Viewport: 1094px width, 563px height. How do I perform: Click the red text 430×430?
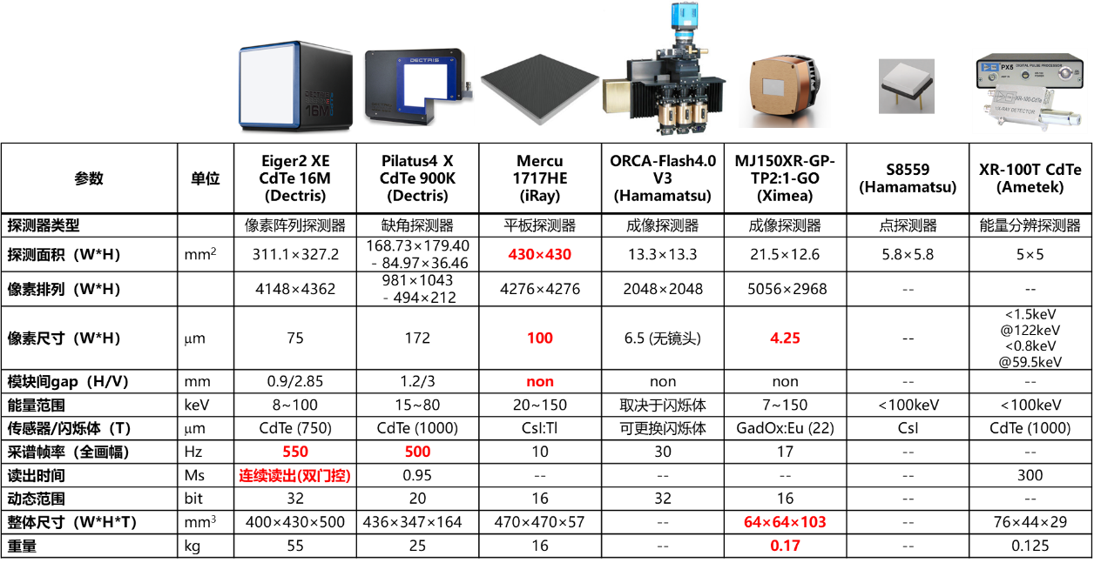tap(539, 255)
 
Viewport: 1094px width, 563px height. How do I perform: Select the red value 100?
tap(539, 338)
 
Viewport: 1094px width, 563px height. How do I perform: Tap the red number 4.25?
tap(785, 338)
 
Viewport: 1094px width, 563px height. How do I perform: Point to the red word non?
tap(540, 382)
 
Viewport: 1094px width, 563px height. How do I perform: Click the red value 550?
tap(295, 452)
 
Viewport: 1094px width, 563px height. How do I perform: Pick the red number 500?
tap(418, 452)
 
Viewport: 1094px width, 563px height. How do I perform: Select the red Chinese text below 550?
tap(295, 477)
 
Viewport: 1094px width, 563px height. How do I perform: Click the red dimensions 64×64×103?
tap(785, 522)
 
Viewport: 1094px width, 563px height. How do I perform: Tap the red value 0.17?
tap(785, 546)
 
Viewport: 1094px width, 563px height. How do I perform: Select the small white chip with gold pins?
tap(906, 84)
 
